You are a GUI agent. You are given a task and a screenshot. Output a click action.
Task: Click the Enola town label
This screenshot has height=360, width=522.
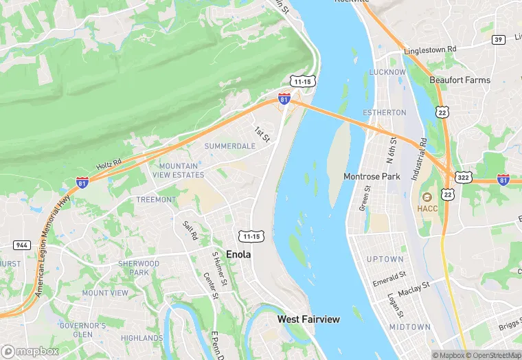(x=238, y=254)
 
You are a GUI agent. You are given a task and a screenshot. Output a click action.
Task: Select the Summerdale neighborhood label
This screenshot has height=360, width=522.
(x=229, y=146)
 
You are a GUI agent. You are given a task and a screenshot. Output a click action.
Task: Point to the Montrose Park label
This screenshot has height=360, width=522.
(x=372, y=177)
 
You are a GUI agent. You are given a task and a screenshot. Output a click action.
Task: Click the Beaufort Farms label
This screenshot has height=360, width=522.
(x=459, y=80)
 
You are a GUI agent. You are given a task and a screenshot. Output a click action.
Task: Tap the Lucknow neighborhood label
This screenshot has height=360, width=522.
(x=387, y=71)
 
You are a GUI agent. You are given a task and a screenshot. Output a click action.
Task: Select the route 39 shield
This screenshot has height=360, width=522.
(x=498, y=39)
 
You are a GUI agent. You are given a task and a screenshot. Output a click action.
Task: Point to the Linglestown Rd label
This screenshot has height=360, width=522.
(x=430, y=49)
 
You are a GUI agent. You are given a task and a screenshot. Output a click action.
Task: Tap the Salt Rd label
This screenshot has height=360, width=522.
(x=190, y=230)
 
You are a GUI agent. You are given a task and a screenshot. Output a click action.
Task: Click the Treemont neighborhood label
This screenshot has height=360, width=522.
(x=156, y=199)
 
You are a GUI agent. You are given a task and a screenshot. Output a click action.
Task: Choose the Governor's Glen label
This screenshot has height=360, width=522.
(x=82, y=329)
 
